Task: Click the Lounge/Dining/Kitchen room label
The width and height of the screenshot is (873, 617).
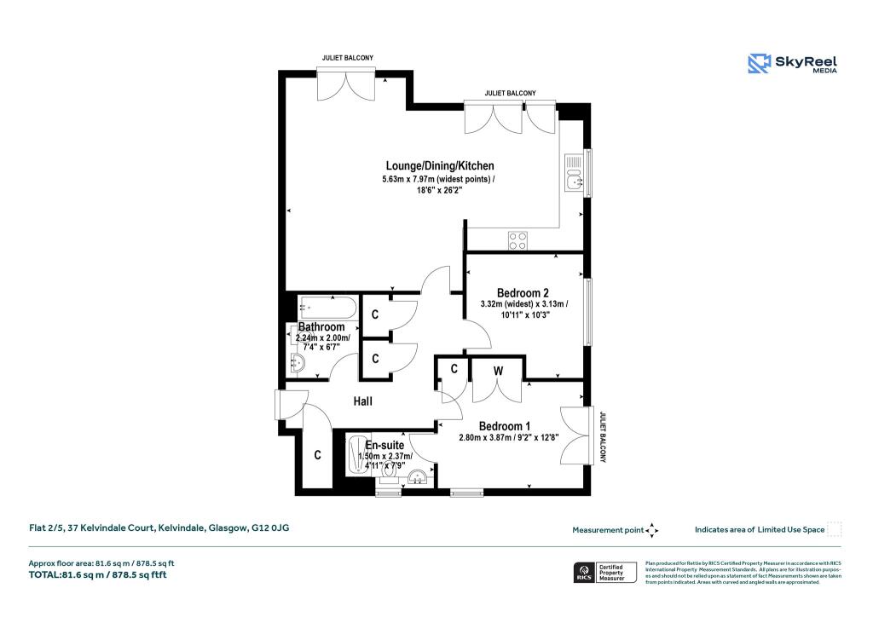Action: [438, 165]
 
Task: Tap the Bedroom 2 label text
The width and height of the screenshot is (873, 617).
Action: [523, 293]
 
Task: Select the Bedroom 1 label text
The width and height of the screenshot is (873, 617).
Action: [504, 426]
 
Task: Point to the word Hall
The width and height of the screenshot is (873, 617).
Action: [364, 401]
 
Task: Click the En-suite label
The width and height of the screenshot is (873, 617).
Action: [384, 445]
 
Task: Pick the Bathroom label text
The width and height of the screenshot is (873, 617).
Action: [321, 327]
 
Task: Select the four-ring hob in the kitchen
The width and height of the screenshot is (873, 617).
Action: [517, 240]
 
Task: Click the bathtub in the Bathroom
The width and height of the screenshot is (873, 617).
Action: [326, 305]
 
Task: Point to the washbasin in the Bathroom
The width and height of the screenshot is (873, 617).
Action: [298, 364]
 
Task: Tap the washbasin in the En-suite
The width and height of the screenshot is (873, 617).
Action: [418, 478]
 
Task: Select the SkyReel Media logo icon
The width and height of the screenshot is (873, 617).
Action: [759, 63]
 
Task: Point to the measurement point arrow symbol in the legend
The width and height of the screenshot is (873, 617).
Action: [652, 530]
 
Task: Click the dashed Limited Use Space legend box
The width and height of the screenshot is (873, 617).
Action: [835, 529]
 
